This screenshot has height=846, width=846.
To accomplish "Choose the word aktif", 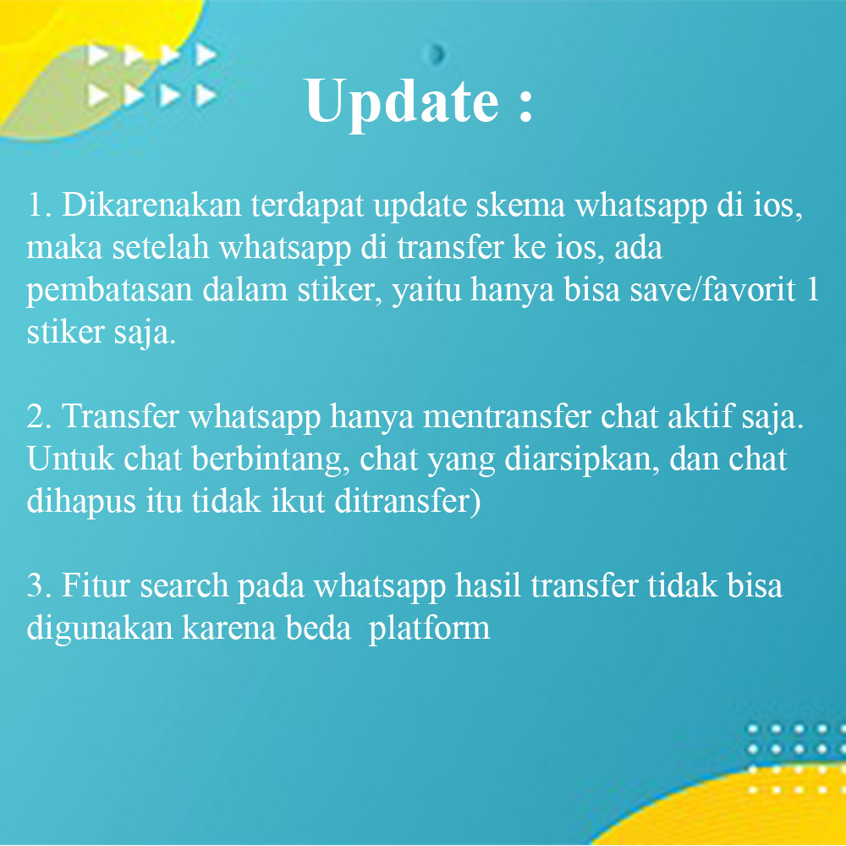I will [x=711, y=417].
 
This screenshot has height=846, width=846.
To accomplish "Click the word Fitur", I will [x=96, y=586].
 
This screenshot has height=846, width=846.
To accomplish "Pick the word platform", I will [x=430, y=629].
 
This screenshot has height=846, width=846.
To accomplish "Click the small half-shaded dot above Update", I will [x=437, y=55].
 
